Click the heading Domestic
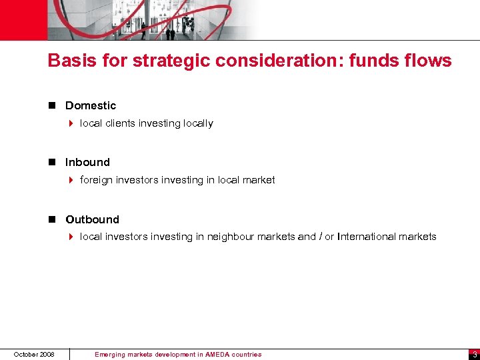click(x=91, y=105)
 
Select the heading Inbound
click(x=87, y=162)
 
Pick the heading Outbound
click(x=92, y=219)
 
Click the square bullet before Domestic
click(x=53, y=105)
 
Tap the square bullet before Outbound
click(x=53, y=219)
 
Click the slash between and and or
click(x=321, y=237)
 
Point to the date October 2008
click(x=34, y=354)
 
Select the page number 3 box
click(x=473, y=354)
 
